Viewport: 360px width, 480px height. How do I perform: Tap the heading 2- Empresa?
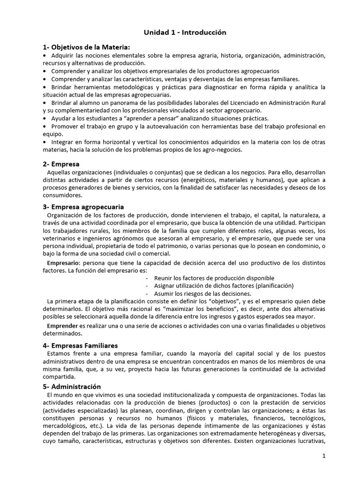[61, 164]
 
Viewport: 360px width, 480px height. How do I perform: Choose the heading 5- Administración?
[72, 387]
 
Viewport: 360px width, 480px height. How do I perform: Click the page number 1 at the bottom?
[323, 455]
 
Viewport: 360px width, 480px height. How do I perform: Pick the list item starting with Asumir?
[203, 293]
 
